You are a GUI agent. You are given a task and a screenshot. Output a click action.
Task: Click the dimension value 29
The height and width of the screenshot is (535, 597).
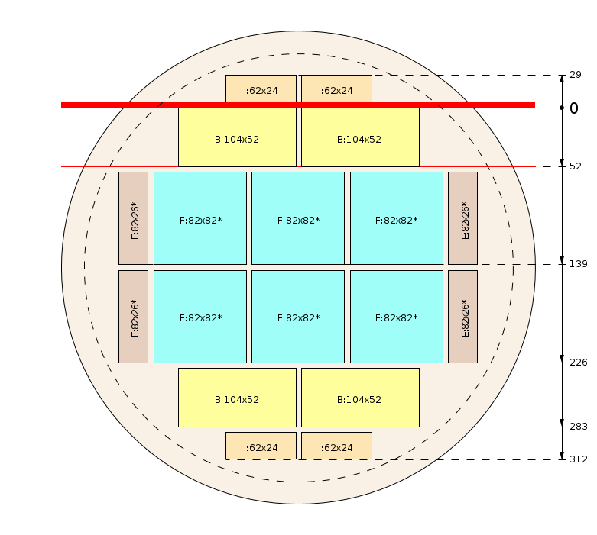point(576,75)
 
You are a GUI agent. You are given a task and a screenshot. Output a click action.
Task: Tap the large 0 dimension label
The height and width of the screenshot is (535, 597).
point(574,108)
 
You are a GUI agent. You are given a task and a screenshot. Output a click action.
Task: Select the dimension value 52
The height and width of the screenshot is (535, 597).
point(576,166)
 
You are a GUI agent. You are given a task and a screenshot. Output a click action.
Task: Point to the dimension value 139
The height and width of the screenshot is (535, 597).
point(579,264)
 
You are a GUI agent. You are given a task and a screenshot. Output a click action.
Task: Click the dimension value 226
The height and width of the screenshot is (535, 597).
point(579,363)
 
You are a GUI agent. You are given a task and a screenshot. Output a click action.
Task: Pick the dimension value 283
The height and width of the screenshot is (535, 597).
point(579,427)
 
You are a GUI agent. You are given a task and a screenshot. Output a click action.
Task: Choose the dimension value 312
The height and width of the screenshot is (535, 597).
point(579,459)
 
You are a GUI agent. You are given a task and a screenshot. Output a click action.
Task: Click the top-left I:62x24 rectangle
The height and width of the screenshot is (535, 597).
point(261,89)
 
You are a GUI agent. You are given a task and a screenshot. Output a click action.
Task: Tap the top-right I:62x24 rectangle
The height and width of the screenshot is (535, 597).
point(336,89)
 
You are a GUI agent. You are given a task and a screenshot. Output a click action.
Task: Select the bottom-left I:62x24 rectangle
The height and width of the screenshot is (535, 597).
point(261,446)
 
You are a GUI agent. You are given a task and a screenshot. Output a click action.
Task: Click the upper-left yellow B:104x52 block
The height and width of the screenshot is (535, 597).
point(237,137)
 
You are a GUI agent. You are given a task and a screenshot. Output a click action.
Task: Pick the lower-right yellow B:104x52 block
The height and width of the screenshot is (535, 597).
point(360,398)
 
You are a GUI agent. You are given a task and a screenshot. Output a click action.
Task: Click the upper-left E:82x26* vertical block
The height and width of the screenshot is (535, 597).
point(133,218)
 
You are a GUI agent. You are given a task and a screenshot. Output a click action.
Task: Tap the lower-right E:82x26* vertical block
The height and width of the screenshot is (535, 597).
point(462,317)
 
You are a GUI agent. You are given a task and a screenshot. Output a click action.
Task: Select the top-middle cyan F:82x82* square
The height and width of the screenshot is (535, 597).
point(298,218)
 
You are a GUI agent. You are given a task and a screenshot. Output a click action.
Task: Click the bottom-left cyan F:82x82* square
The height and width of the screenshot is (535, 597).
point(200,317)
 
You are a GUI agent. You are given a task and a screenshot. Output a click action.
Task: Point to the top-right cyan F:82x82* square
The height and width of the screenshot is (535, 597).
point(397,218)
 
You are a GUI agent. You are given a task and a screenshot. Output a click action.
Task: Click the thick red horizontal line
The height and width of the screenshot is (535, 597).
point(298,105)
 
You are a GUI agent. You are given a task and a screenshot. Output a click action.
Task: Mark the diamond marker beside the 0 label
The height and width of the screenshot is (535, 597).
point(562,108)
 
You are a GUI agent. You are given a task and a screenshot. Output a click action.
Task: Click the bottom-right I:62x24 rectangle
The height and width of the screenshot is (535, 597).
point(336,446)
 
